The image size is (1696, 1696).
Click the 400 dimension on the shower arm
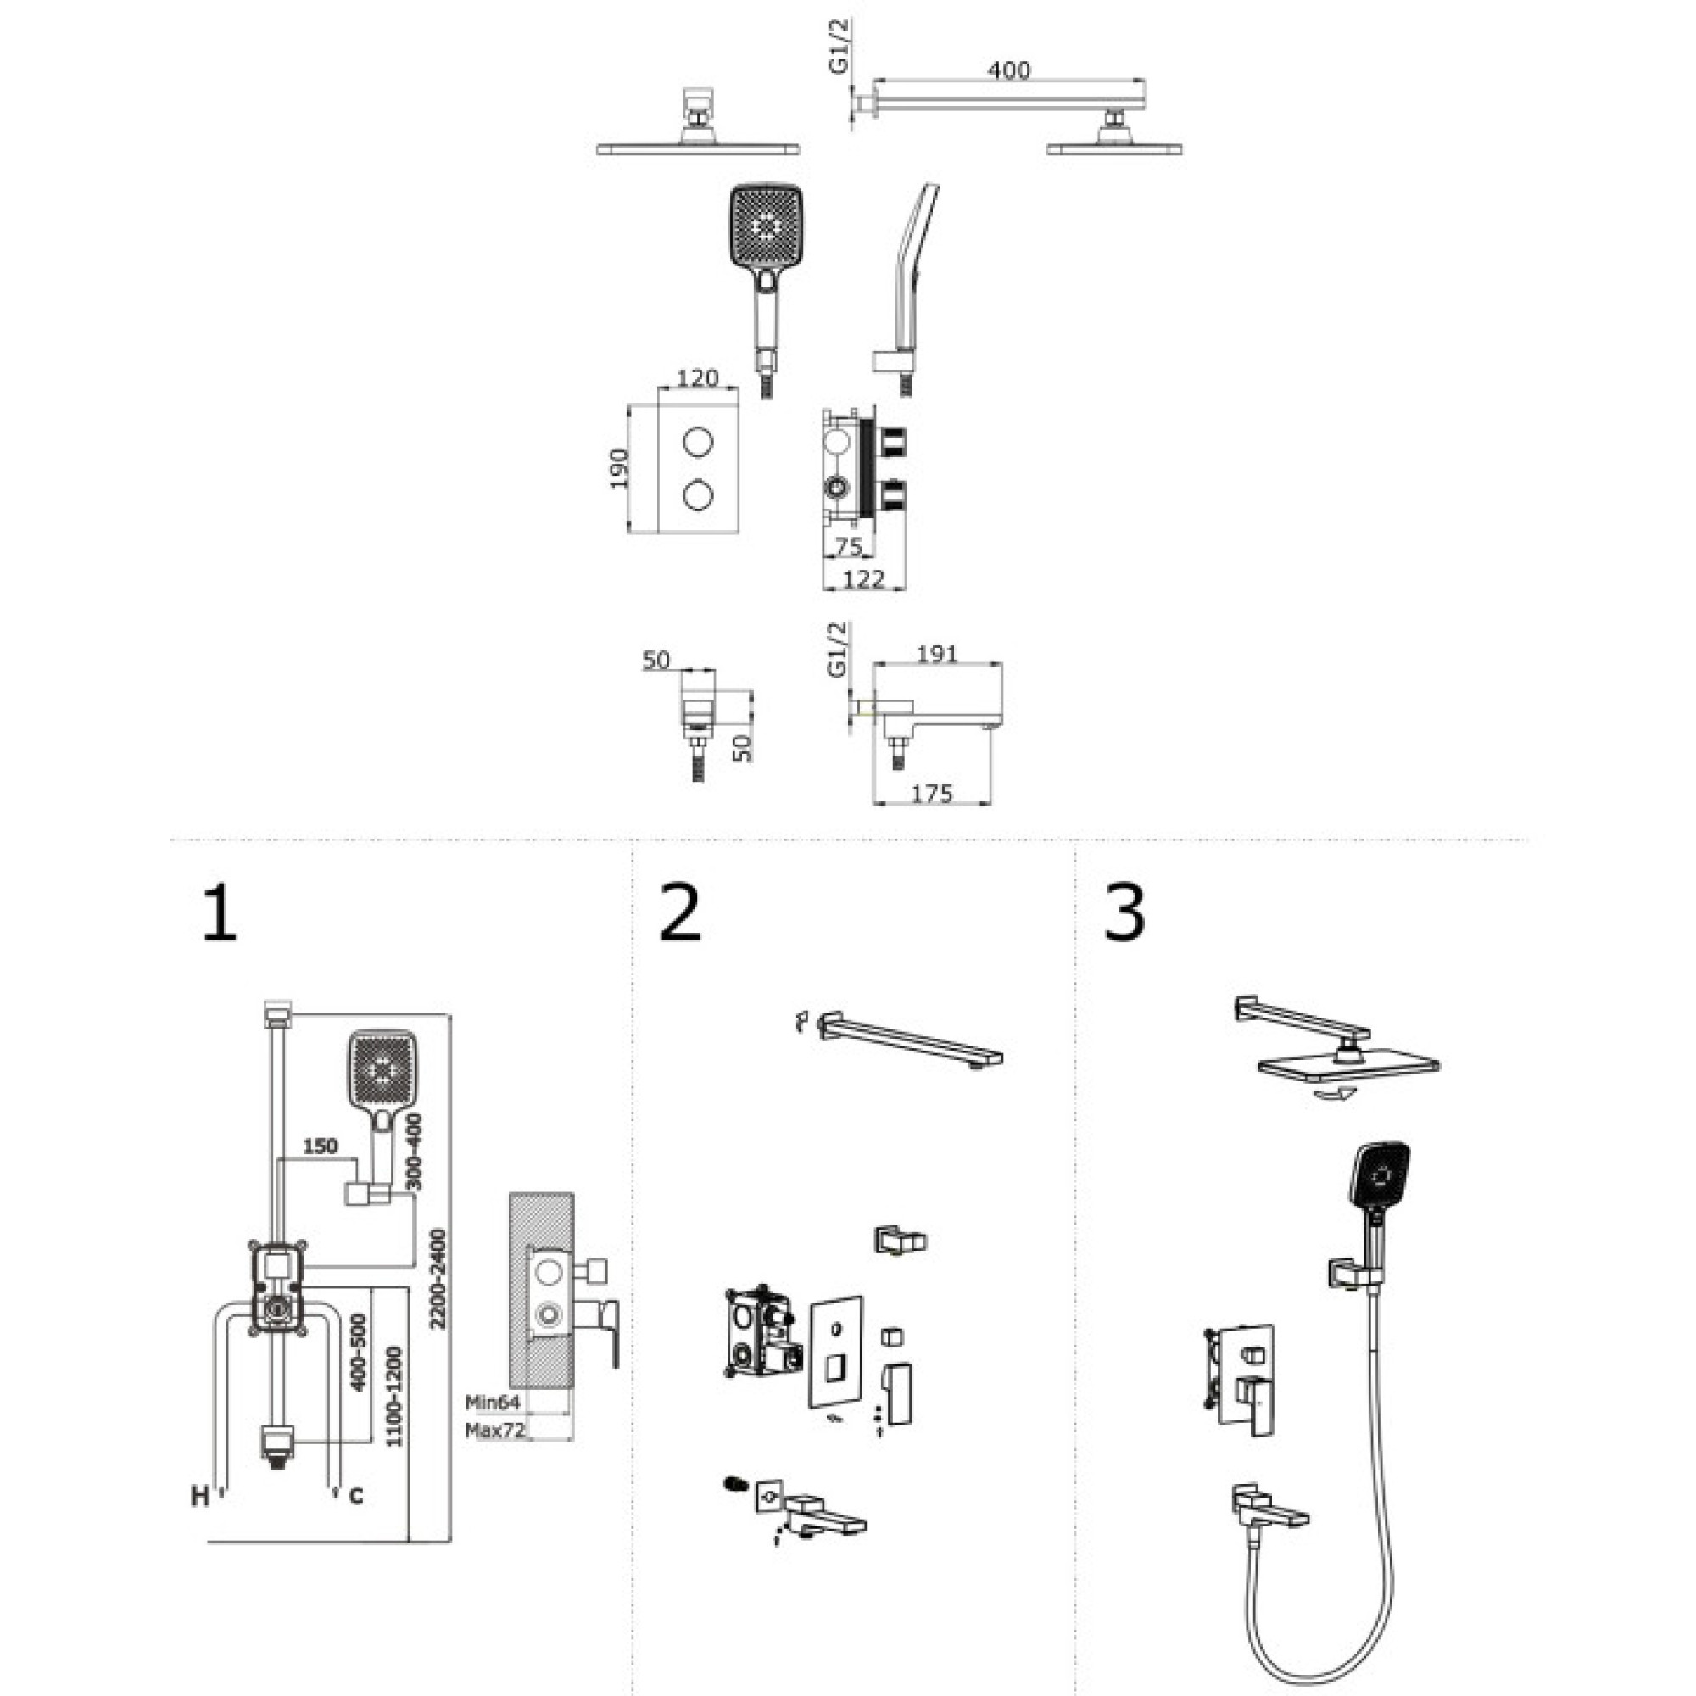1008,70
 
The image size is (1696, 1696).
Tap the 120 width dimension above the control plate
698,378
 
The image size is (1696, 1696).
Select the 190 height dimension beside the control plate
620,468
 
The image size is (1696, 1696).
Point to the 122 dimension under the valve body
864,578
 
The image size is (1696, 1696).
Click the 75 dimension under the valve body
847,547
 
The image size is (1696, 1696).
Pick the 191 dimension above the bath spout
937,654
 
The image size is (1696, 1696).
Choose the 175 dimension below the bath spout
931,794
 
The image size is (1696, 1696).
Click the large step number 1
220,913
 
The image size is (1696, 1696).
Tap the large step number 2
680,913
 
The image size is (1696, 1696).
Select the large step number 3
1124,913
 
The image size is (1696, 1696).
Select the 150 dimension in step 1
321,1146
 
